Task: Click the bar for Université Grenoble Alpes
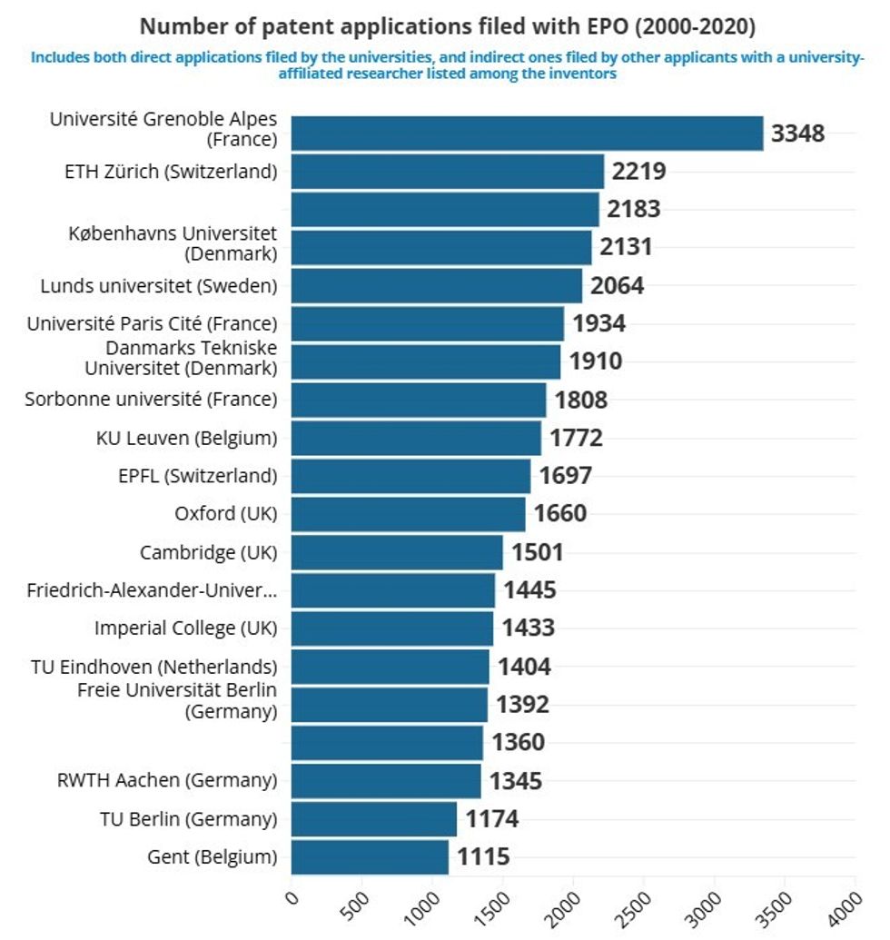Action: (527, 134)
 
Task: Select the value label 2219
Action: (639, 172)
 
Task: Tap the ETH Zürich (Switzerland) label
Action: (170, 171)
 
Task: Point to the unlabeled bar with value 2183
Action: (445, 210)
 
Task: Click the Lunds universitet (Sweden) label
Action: (159, 286)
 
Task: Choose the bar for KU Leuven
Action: (416, 439)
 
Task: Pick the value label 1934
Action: (598, 324)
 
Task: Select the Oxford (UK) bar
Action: (408, 514)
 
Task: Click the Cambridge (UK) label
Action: (208, 552)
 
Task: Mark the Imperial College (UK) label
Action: (185, 628)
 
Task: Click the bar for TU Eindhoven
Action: (391, 667)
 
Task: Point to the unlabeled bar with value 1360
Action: (387, 743)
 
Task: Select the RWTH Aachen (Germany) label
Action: (167, 780)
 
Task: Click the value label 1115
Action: (483, 857)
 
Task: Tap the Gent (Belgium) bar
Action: (370, 857)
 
